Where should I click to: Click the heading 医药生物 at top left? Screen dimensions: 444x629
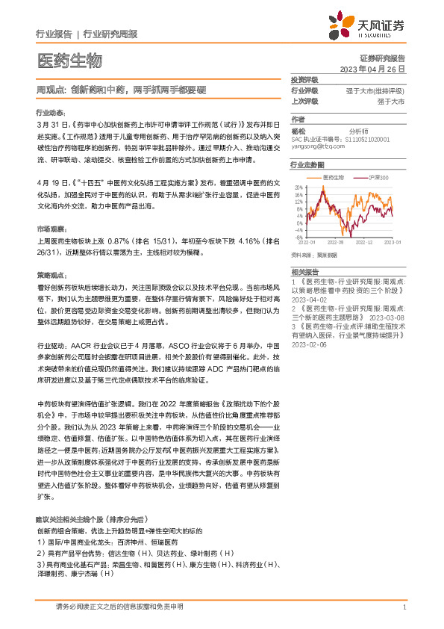[x=69, y=60]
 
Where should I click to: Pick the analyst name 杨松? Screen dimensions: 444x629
[x=298, y=130]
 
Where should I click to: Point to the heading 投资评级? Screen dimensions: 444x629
[x=304, y=79]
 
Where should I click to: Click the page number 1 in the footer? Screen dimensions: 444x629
[x=404, y=607]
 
